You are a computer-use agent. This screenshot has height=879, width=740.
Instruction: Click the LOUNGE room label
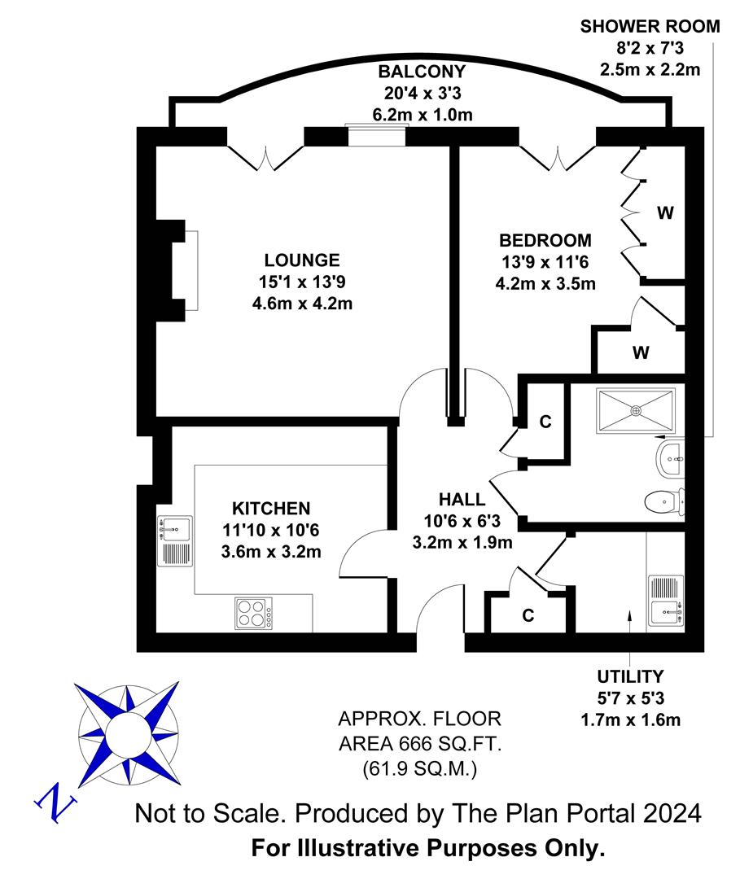(302, 260)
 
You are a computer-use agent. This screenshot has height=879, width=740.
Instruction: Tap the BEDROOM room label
(545, 240)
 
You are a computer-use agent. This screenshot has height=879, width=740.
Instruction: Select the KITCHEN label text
(271, 509)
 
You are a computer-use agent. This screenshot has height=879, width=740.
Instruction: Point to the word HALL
(462, 499)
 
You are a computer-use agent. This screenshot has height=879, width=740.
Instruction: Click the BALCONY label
(423, 72)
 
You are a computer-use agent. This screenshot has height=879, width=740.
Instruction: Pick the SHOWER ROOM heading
(650, 26)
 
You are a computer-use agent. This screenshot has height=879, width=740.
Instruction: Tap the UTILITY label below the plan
(630, 676)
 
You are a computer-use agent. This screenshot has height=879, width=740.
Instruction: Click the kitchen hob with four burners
(254, 614)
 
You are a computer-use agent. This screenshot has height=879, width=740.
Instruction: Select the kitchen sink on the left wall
(175, 541)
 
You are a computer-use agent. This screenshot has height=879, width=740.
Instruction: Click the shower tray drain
(637, 410)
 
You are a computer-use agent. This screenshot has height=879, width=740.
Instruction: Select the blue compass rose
(128, 733)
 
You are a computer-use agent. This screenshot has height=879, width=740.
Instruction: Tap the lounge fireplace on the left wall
(177, 271)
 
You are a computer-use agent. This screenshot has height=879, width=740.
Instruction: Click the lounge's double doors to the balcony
(265, 158)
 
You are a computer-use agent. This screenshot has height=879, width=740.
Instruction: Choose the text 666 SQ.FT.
(450, 744)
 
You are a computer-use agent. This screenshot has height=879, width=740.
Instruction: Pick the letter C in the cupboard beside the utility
(528, 615)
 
